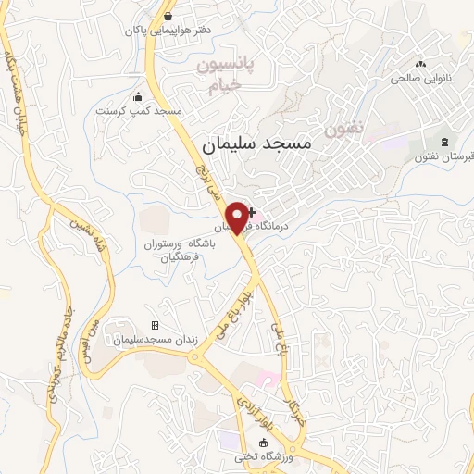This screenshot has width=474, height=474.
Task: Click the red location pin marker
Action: (x=239, y=217)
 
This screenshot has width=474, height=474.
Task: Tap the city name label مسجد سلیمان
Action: (x=257, y=145)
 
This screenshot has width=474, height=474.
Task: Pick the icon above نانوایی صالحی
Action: (x=421, y=64)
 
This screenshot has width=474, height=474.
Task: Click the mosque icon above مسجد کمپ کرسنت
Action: (x=139, y=96)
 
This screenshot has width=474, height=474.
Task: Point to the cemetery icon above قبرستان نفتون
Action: (x=445, y=141)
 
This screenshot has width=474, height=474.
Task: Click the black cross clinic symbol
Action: (x=251, y=213)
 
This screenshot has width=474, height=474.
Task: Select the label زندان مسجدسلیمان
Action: (x=156, y=341)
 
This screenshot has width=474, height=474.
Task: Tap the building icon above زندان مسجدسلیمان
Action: (x=155, y=325)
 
